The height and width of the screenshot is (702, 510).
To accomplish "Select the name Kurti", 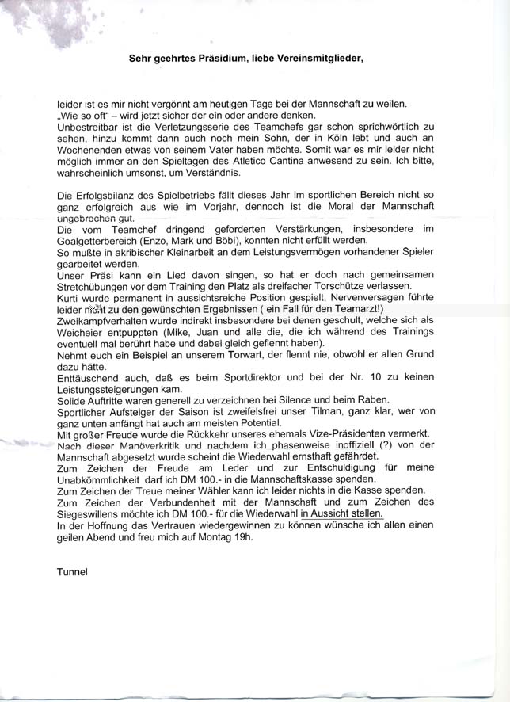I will point(70,298).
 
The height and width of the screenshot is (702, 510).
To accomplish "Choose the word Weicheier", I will point(80,332).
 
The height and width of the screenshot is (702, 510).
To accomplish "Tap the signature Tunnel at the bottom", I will point(71,570).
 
